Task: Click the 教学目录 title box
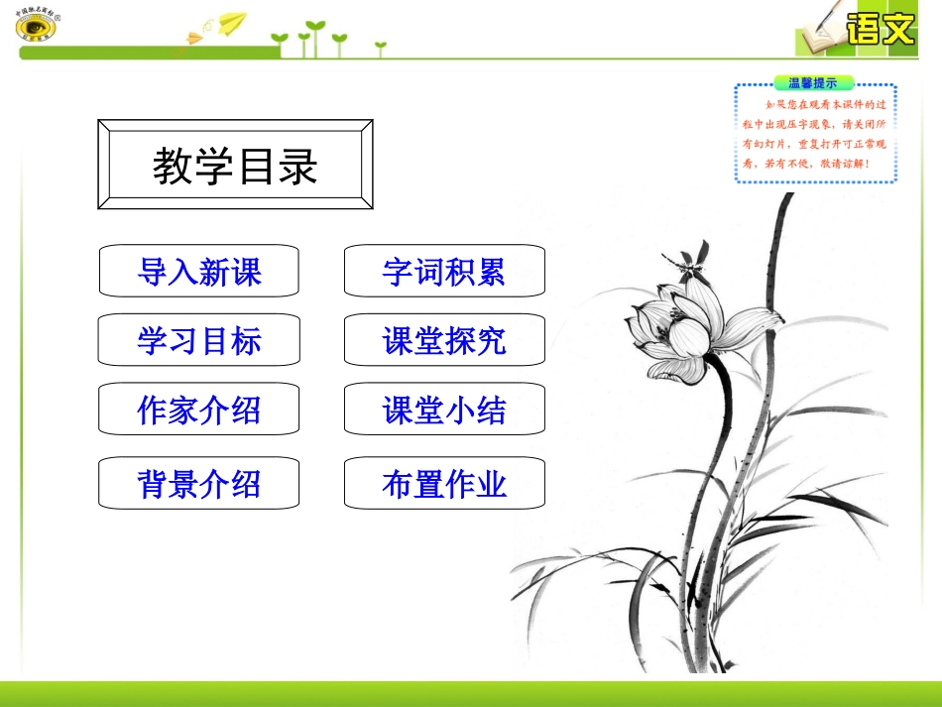[235, 165]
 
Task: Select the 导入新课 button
[198, 271]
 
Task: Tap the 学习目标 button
[198, 340]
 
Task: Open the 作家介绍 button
[198, 410]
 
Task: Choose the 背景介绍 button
[198, 483]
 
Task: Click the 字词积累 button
[444, 271]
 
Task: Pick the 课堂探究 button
[444, 340]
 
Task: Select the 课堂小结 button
[444, 410]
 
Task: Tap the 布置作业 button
[444, 483]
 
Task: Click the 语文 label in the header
[880, 28]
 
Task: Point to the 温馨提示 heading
[812, 83]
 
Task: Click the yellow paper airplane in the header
[231, 21]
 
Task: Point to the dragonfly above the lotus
[688, 260]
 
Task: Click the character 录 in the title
[298, 166]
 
